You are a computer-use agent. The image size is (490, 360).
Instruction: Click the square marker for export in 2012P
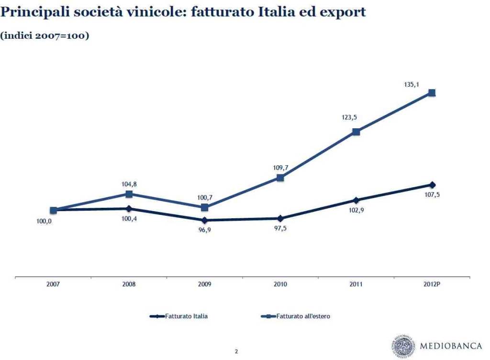pos(432,92)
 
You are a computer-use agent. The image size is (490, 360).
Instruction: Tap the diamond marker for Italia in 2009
pos(205,220)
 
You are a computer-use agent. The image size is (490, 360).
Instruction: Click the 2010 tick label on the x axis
pos(280,284)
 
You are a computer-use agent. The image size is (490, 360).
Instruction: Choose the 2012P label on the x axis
pos(432,284)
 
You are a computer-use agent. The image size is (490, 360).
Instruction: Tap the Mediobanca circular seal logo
pos(404,346)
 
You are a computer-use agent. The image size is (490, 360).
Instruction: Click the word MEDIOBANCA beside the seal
pos(451,346)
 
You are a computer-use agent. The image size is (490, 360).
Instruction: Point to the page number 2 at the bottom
pos(236,351)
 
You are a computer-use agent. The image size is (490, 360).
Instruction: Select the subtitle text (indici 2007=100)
pos(45,35)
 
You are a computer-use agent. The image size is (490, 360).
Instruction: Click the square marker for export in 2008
pos(129,194)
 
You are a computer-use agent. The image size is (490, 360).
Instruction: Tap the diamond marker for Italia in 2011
pos(356,200)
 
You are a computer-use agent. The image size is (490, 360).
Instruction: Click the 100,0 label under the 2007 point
pos(44,221)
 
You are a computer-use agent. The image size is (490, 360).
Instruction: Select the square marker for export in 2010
pos(280,178)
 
